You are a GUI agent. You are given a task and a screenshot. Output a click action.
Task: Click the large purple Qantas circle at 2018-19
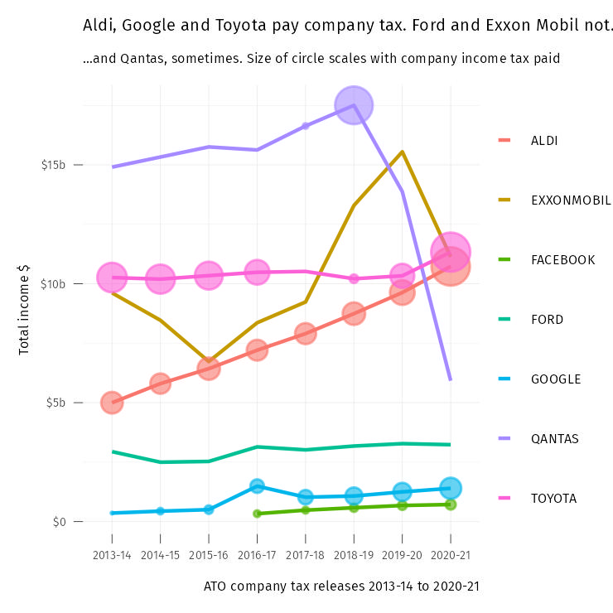click(x=354, y=105)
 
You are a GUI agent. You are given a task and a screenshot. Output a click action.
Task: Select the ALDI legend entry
click(x=543, y=141)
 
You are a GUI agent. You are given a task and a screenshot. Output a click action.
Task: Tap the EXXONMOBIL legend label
click(x=570, y=200)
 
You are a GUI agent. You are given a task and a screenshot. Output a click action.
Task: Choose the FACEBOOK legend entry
click(x=562, y=260)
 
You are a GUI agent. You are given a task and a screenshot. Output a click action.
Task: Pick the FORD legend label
click(x=547, y=320)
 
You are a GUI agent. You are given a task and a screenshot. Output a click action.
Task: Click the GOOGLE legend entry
click(x=555, y=379)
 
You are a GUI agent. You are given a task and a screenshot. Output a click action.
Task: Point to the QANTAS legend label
click(x=553, y=439)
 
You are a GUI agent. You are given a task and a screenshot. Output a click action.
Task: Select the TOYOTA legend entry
click(x=553, y=499)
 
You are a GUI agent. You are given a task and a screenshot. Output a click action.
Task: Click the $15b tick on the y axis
click(x=55, y=165)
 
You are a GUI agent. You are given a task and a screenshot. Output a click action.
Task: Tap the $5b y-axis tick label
click(x=57, y=403)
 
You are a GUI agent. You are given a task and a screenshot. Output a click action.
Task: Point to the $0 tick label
click(x=60, y=522)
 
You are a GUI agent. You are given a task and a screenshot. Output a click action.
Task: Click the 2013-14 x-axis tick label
click(x=112, y=553)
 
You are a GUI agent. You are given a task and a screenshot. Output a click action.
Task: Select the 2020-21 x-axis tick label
click(x=451, y=553)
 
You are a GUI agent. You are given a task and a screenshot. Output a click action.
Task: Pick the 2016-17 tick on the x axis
click(x=257, y=553)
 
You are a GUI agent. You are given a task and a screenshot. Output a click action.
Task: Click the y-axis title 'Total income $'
click(x=24, y=308)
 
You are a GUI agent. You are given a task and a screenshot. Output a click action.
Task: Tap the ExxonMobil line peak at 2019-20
click(x=403, y=152)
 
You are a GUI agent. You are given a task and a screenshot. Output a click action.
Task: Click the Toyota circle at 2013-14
click(x=112, y=278)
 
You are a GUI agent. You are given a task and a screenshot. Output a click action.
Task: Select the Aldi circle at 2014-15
click(x=160, y=384)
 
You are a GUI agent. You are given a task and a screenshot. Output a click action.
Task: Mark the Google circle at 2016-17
click(x=257, y=486)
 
